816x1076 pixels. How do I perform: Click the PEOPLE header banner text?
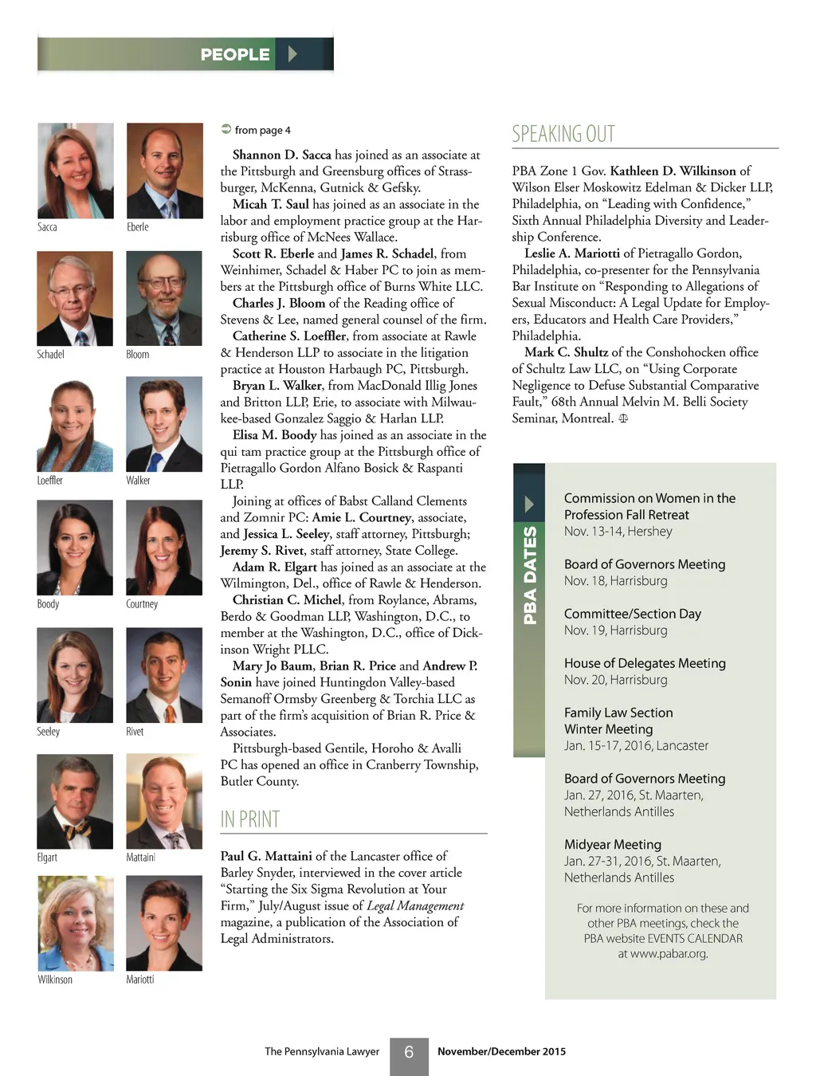click(x=235, y=55)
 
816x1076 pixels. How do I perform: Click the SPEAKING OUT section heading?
click(x=563, y=134)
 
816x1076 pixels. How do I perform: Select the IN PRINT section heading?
click(x=249, y=819)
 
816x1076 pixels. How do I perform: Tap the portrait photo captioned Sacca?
click(x=76, y=170)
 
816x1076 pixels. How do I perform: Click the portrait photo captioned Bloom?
click(x=164, y=298)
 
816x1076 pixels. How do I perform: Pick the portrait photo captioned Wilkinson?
click(x=76, y=923)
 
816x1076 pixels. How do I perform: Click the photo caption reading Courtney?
click(x=142, y=604)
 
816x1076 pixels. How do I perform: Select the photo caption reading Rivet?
click(x=135, y=732)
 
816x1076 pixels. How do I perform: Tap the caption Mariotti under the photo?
click(x=139, y=980)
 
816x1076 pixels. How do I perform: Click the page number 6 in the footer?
click(x=409, y=1052)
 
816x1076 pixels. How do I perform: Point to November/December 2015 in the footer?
click(x=501, y=1051)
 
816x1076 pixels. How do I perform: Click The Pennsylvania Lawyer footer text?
click(x=322, y=1051)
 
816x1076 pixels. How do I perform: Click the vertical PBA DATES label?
click(x=530, y=575)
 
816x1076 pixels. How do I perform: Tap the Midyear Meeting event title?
click(x=613, y=844)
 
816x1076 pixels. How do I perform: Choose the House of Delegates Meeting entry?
click(x=645, y=663)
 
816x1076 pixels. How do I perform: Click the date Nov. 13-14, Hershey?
click(x=618, y=532)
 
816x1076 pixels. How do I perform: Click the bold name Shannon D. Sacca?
click(x=281, y=155)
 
